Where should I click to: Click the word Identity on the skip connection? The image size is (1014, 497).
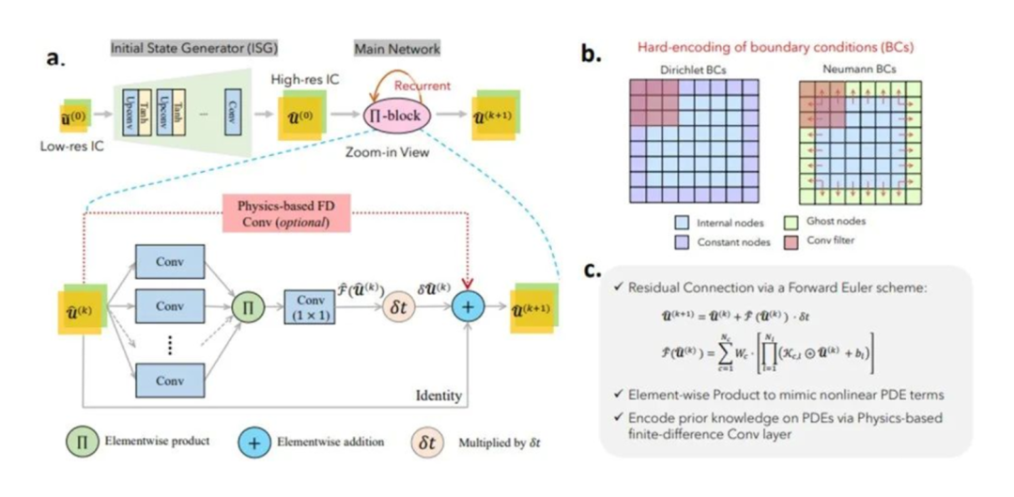[438, 396]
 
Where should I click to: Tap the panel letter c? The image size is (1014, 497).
[592, 272]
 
